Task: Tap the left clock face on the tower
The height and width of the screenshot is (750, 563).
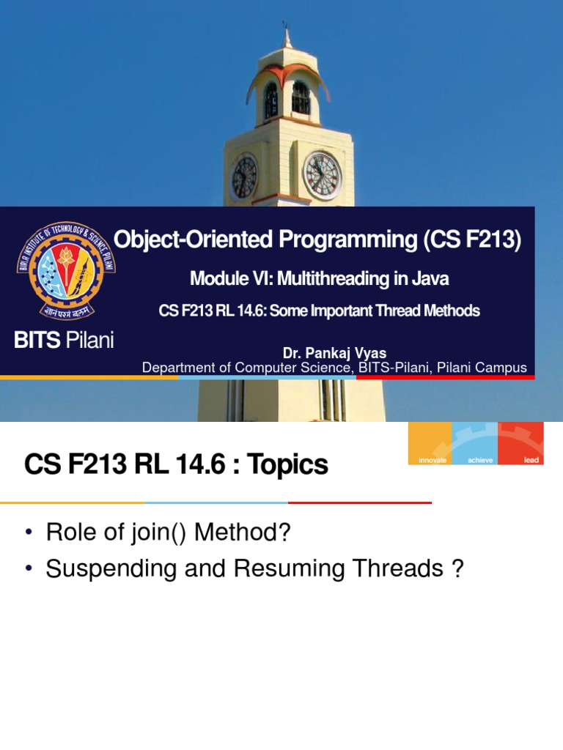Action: [x=244, y=177]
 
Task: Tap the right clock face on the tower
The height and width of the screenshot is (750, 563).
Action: [x=322, y=176]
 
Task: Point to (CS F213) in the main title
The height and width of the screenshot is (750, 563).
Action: [x=472, y=240]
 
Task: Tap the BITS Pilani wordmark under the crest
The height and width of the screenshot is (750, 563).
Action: [x=65, y=341]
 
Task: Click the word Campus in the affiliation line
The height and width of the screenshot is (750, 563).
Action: [x=504, y=368]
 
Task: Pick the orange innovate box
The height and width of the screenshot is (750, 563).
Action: [x=430, y=444]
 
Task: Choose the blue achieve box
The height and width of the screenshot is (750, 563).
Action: [x=475, y=444]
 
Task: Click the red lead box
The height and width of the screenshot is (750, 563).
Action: [x=520, y=444]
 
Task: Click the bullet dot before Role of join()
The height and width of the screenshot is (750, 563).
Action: [x=29, y=533]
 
